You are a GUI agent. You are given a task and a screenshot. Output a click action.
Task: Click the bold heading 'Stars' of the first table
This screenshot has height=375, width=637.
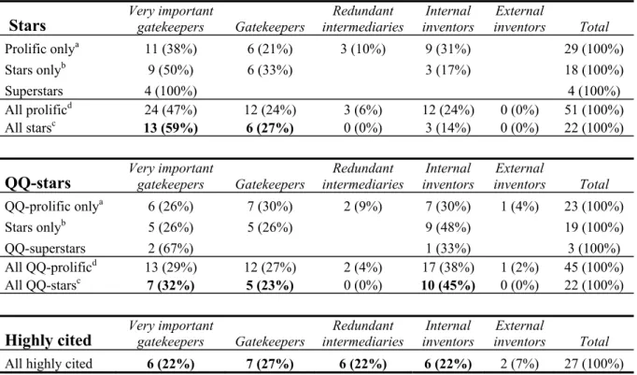pos(27,25)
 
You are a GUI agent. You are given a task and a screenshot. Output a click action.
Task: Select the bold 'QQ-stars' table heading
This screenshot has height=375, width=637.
pos(37,183)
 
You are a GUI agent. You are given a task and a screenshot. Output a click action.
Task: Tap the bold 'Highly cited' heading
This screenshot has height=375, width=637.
pos(48,340)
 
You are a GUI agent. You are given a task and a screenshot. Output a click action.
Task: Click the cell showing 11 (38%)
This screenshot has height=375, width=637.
pos(171,49)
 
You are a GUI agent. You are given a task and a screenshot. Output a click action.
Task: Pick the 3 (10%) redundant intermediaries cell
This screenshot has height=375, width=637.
pos(362,49)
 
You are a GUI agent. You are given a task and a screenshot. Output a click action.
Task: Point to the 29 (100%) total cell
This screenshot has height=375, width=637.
pos(593,49)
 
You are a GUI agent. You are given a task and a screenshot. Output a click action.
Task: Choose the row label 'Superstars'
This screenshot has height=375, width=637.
pos(34,91)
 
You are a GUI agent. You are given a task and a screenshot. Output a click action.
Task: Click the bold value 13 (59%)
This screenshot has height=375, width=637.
pos(171,128)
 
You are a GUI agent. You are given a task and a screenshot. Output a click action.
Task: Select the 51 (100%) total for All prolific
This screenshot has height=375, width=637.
pos(593,109)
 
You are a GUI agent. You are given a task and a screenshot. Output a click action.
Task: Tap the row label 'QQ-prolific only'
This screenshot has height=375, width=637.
pos(53,206)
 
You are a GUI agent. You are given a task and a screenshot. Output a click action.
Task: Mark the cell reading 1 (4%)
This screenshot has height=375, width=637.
pos(519,207)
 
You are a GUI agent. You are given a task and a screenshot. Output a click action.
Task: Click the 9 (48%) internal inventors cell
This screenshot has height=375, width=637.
pos(448,227)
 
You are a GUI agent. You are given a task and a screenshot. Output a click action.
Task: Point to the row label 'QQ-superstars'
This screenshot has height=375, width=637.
pos(45,249)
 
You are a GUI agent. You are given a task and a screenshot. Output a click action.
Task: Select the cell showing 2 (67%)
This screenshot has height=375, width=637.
pos(171,249)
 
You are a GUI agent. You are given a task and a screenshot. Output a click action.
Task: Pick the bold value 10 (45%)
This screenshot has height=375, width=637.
pos(448,285)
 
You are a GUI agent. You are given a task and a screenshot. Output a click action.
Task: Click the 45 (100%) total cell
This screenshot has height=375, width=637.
pos(593,267)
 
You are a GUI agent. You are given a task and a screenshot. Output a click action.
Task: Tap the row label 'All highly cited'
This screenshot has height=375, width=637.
pos(49,363)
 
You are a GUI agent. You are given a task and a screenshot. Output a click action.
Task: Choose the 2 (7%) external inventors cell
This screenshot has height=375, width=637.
pos(519,364)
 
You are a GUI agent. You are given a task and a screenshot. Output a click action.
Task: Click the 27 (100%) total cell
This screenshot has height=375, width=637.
pos(593,364)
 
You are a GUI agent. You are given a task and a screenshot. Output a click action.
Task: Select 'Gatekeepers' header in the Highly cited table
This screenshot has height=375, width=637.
pos(270,341)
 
